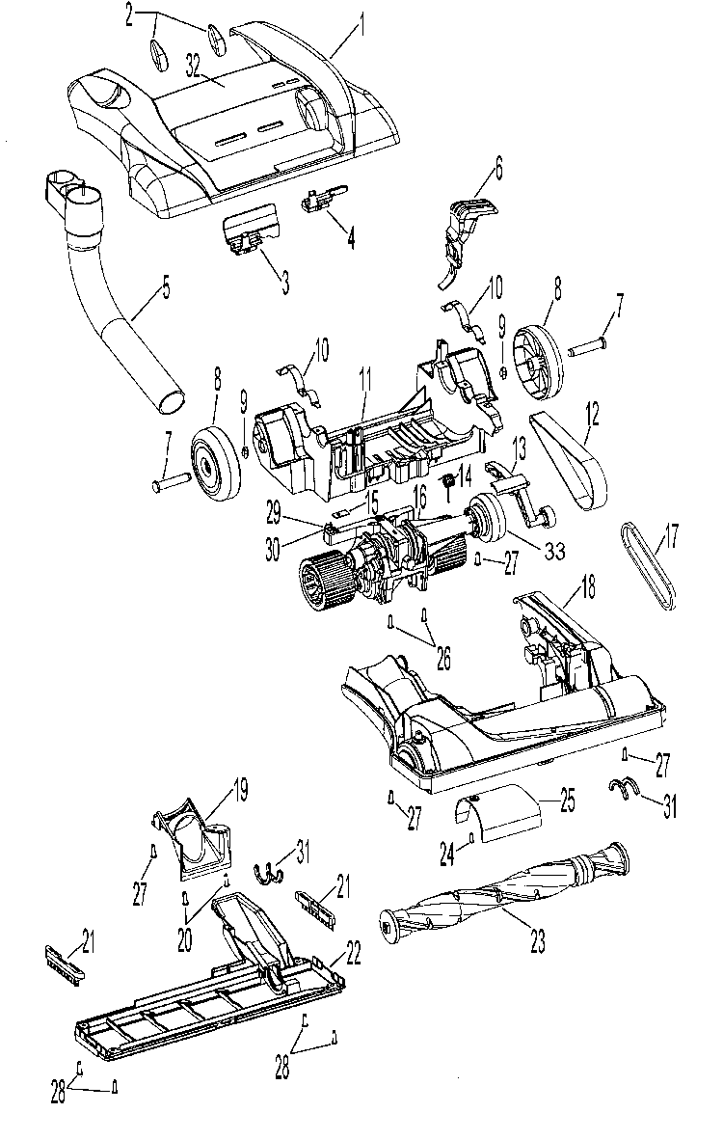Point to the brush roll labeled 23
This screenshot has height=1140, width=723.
[x=501, y=887]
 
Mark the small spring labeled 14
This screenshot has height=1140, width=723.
[x=448, y=481]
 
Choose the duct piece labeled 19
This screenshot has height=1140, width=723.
[x=198, y=839]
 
